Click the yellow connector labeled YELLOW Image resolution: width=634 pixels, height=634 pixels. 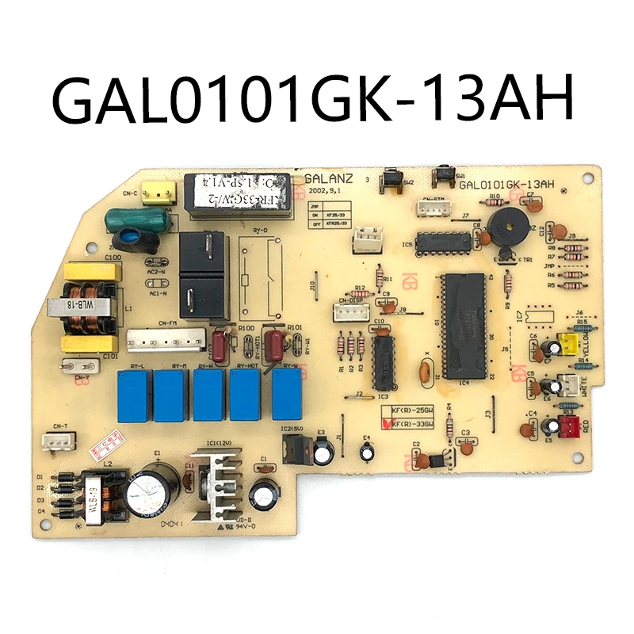point(567,343)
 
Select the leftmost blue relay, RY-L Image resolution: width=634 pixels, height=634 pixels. point(132,395)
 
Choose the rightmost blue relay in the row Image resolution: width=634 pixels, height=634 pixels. point(288,394)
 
